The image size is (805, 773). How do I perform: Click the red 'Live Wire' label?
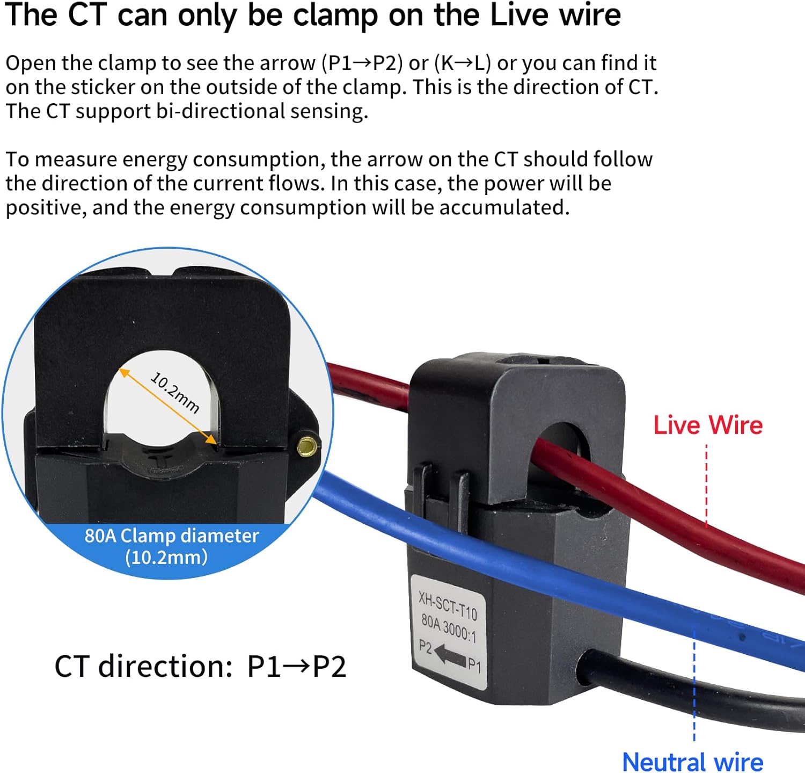point(707,425)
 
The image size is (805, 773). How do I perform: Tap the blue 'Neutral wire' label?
point(692,761)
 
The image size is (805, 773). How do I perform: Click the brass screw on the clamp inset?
point(306,445)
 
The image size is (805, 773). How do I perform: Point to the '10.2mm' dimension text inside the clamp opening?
point(175,393)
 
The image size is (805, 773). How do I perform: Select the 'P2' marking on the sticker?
point(425,646)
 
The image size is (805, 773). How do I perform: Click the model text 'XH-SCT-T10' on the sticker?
point(448,605)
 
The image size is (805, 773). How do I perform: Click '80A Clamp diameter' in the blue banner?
point(172,536)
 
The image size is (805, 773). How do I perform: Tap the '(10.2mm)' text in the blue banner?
point(166,557)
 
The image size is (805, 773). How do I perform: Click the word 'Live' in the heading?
point(519,15)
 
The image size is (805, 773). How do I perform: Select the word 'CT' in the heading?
point(87,15)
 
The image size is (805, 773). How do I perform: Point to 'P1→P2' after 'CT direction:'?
point(296,666)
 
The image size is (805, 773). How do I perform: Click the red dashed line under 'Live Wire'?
point(707,483)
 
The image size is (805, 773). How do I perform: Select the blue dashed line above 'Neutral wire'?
point(694,688)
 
